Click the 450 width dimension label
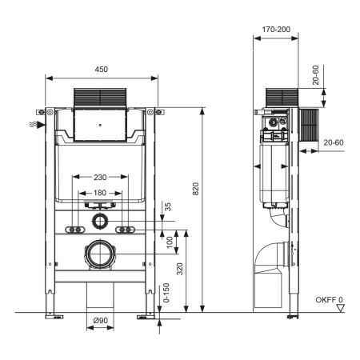coord(102,70)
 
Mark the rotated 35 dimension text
coord(168,206)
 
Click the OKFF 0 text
coord(330,302)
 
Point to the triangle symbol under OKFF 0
coord(340,309)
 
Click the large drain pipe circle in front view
coord(102,254)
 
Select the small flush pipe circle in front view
coord(102,221)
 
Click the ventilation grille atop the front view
coord(102,97)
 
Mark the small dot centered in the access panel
coord(102,126)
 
